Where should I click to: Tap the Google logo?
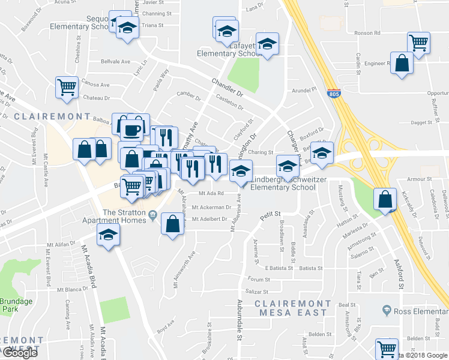19,353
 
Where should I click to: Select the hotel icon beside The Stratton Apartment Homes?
153,215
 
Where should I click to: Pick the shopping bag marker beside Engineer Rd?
402,63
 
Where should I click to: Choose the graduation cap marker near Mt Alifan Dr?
108,235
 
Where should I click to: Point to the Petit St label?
270,213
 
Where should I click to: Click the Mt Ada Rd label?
211,193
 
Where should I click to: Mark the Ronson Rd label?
364,32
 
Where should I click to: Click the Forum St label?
259,280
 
